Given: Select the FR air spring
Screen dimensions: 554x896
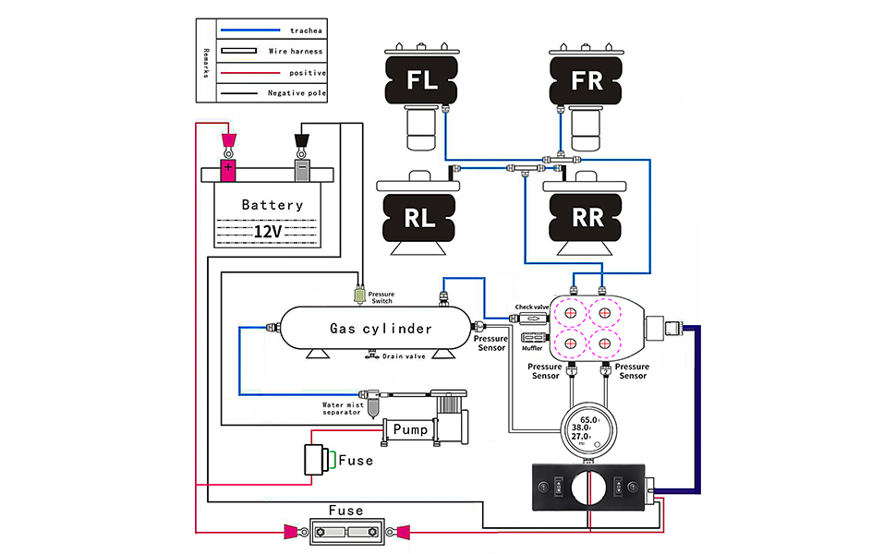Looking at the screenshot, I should point(587,79).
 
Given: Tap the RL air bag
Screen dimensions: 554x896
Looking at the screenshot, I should point(420,218).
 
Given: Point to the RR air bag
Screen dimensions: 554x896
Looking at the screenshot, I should point(587,218).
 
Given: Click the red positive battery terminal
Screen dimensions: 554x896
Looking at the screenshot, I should point(227,170).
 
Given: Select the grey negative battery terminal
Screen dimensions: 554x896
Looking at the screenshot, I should point(301,170).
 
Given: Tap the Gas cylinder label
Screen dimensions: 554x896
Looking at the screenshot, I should point(381,329).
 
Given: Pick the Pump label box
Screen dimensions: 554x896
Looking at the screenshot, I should point(410,429).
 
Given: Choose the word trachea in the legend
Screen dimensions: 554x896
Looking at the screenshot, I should point(304,31).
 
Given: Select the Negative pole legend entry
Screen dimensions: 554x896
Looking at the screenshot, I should point(297,93).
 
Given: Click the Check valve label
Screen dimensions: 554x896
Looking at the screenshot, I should point(531,307).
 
